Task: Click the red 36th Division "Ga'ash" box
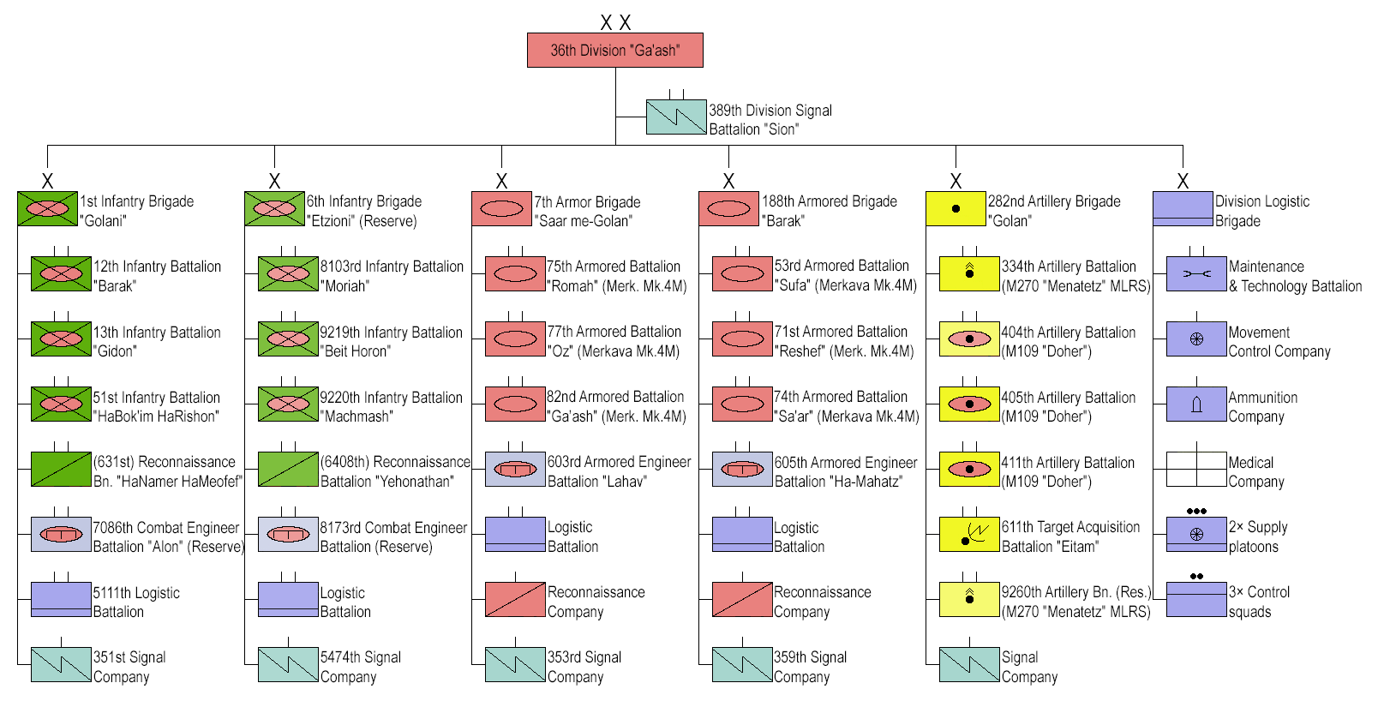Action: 614,51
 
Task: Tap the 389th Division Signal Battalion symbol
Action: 675,117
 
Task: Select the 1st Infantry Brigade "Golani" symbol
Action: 47,209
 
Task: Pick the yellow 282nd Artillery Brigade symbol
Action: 956,209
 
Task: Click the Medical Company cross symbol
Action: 1196,469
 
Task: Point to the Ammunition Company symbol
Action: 1196,404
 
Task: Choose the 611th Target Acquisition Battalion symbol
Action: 969,534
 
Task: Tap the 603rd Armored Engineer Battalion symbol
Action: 515,470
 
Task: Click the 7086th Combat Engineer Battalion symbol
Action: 61,534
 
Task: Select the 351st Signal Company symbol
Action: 61,664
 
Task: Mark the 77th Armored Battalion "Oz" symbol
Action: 515,339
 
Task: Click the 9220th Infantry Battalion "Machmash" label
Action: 391,407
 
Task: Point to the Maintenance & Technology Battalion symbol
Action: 1196,274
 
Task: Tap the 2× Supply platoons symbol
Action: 1196,534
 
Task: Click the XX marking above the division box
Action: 615,23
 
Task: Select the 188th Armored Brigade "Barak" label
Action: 829,211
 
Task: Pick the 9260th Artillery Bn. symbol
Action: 969,599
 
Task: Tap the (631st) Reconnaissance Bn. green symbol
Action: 61,469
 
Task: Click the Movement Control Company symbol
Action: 1196,339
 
